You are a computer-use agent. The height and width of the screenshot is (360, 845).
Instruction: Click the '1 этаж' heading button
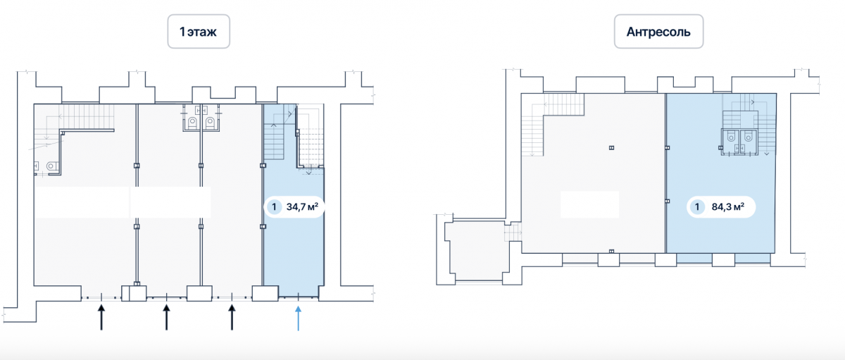tap(199, 31)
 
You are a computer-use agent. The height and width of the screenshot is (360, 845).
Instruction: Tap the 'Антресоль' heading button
tap(658, 31)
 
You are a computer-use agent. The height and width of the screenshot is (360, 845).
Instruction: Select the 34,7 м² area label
tap(302, 206)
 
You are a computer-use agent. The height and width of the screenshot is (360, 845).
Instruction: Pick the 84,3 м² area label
tap(727, 206)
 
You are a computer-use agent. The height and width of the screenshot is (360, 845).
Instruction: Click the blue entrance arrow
tap(298, 318)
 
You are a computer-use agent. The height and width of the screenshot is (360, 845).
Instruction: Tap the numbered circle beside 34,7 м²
tap(274, 207)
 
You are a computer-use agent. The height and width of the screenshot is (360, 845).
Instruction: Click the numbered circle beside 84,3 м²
tap(697, 207)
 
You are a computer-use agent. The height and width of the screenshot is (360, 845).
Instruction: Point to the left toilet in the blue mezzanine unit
tap(731, 137)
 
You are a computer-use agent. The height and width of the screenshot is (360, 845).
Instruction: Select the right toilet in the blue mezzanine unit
tap(748, 137)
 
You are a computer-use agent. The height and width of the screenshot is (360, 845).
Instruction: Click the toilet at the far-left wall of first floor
tap(51, 166)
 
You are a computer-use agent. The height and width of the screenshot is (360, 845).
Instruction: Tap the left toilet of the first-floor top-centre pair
tap(193, 123)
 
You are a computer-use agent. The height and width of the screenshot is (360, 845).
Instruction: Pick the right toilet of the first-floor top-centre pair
tap(210, 123)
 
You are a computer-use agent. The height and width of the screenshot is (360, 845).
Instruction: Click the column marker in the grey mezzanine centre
tap(611, 148)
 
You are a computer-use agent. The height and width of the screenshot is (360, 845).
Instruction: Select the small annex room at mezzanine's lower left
tap(477, 250)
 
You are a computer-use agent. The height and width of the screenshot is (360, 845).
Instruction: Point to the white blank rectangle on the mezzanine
tap(589, 204)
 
